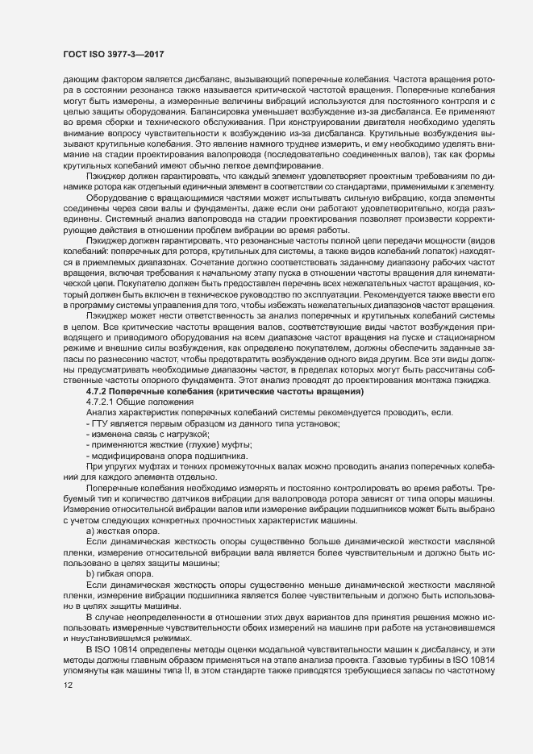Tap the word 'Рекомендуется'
[412, 294]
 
